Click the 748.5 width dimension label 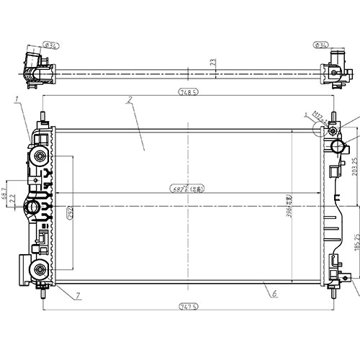click(x=188, y=91)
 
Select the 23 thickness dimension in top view click(x=212, y=63)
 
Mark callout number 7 click(x=77, y=295)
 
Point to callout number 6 click(x=274, y=293)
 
